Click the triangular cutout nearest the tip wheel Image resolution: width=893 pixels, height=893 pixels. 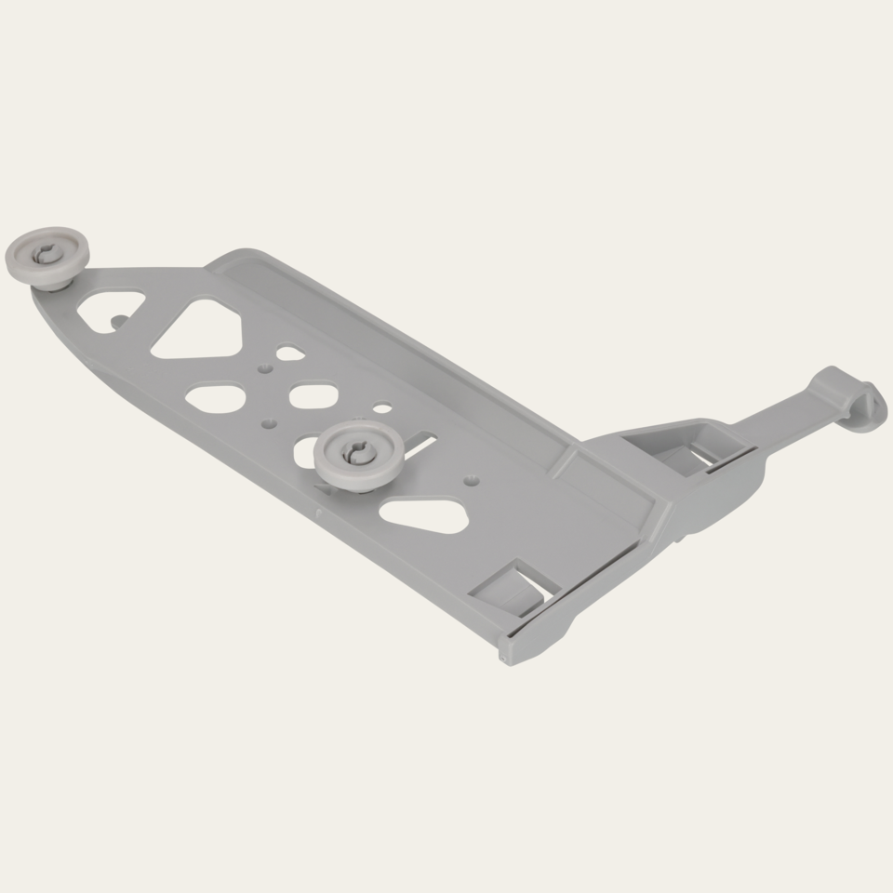coord(110,306)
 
